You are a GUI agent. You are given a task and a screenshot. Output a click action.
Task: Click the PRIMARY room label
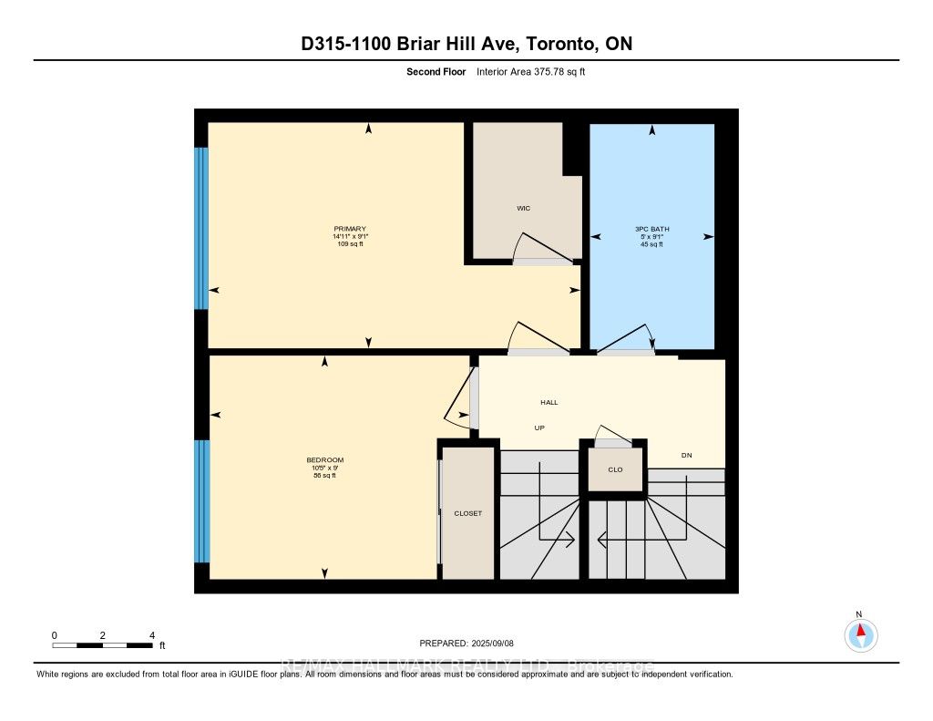click(350, 228)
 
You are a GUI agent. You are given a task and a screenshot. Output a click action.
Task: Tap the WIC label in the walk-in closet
click(523, 209)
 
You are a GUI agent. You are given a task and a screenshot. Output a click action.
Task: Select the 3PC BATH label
click(651, 228)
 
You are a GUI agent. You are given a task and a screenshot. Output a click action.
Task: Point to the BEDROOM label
click(325, 459)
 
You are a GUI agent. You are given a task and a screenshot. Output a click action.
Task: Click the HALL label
click(549, 402)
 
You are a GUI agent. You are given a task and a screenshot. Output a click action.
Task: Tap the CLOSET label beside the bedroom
click(467, 513)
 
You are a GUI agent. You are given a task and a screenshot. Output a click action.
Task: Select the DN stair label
click(687, 455)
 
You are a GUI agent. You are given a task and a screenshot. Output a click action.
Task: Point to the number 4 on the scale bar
click(152, 634)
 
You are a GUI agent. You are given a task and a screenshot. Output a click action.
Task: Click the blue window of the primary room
click(201, 228)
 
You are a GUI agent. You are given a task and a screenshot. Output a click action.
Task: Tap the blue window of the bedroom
click(202, 501)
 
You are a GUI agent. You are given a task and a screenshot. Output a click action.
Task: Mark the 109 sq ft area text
click(350, 244)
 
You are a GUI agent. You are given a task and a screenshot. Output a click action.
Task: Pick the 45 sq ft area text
click(651, 244)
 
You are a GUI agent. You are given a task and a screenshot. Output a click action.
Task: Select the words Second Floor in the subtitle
click(436, 71)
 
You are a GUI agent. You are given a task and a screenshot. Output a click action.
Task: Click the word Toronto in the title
click(549, 44)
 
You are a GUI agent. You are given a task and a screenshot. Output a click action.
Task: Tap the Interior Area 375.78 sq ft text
click(530, 71)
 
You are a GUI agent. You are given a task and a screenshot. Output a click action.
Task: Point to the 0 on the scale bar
click(55, 634)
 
